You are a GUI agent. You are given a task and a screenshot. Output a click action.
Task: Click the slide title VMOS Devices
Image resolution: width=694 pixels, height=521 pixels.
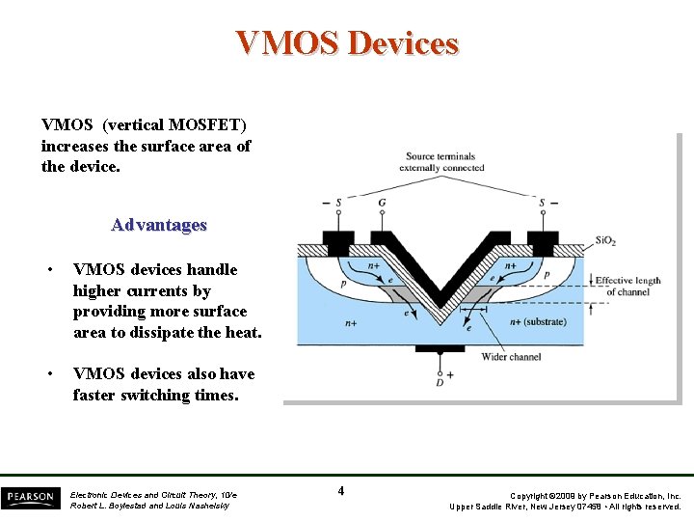[347, 43]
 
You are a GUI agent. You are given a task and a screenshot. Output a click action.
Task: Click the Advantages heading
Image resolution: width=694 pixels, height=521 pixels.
[159, 225]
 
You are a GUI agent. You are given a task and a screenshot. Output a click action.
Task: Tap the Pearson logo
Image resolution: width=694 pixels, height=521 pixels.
[30, 498]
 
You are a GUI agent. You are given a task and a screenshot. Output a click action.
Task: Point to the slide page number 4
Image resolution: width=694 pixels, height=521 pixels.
[341, 491]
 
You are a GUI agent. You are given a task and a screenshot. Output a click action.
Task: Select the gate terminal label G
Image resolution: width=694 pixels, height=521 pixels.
[382, 204]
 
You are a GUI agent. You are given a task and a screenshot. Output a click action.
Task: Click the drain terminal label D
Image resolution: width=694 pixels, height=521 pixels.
[440, 383]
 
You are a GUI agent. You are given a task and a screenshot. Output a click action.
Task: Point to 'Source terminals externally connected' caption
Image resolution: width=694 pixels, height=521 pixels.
[440, 162]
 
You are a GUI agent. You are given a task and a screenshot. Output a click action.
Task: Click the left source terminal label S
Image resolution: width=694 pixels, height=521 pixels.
[338, 204]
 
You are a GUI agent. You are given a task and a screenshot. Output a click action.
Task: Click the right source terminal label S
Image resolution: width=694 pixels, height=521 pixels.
[542, 204]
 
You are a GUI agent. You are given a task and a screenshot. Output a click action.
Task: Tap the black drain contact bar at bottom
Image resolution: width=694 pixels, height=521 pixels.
[440, 348]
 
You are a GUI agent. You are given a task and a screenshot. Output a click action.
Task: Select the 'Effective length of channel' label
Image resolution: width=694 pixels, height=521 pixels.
[627, 286]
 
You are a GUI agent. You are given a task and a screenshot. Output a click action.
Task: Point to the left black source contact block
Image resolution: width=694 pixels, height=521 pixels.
[336, 238]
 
